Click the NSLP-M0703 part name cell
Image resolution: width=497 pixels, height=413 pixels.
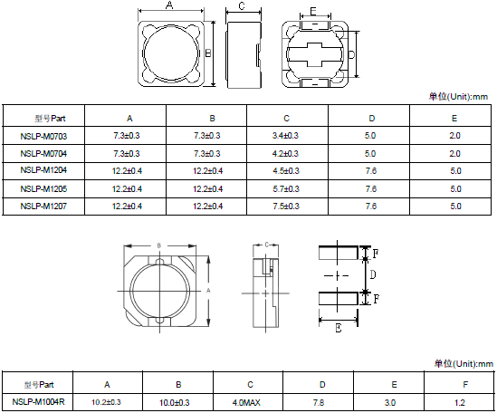pos(43,136)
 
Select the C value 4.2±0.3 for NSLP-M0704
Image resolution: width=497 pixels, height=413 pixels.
pos(285,154)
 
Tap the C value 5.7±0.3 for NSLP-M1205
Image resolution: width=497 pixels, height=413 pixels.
pos(285,188)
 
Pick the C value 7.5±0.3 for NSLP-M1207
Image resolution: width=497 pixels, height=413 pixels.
pos(285,206)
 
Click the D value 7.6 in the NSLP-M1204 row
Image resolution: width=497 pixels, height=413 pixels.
pos(371,171)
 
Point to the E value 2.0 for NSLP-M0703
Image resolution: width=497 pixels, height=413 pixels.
pos(454,136)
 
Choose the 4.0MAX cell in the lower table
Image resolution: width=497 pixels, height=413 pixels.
pos(246,402)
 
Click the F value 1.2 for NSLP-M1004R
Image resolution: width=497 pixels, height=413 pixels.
pos(460,402)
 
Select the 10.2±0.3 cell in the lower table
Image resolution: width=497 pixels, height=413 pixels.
pos(106,402)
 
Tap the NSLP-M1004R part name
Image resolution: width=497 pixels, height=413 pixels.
pos(38,401)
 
